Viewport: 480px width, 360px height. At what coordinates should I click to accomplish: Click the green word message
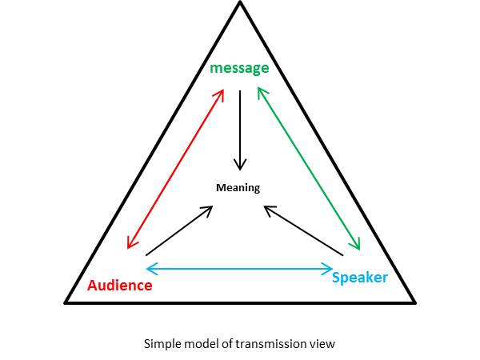click(239, 68)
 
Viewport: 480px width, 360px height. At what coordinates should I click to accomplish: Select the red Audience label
click(119, 286)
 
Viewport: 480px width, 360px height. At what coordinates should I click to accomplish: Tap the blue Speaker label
click(359, 278)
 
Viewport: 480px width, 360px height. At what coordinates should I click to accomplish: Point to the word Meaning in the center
click(238, 187)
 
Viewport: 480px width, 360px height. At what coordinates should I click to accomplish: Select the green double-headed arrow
click(308, 170)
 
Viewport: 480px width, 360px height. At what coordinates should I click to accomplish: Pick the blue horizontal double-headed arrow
click(239, 268)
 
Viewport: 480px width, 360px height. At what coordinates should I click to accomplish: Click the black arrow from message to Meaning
click(238, 128)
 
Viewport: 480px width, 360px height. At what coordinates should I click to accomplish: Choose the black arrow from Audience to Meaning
click(180, 230)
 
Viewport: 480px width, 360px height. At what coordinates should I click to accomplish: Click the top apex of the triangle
click(239, 4)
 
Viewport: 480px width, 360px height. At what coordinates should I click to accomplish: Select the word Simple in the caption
click(159, 344)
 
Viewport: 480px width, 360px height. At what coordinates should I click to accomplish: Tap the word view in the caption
click(321, 344)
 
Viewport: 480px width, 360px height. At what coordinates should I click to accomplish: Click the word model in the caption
click(197, 344)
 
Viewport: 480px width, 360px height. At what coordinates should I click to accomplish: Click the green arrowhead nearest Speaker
click(358, 246)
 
